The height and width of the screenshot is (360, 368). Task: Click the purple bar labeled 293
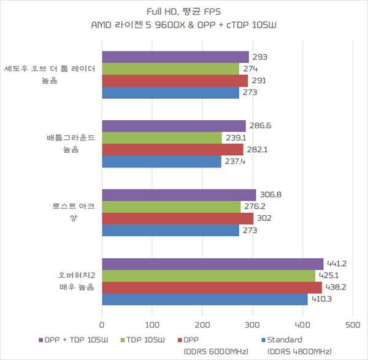click(x=175, y=57)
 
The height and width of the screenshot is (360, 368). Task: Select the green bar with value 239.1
click(x=162, y=138)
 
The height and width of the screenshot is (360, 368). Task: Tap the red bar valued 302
click(x=178, y=218)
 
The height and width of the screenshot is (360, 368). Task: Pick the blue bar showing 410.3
click(x=205, y=299)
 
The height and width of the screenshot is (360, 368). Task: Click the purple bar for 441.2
click(x=213, y=264)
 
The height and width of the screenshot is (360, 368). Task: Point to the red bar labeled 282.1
click(x=173, y=150)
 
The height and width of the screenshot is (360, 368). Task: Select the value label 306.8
click(x=270, y=194)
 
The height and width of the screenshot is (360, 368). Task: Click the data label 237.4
click(x=235, y=161)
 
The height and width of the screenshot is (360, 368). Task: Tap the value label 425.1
click(x=329, y=275)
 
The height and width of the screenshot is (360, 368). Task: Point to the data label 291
click(x=259, y=80)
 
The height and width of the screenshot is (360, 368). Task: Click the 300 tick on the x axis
click(x=253, y=325)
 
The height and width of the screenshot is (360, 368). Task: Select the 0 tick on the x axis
click(x=102, y=325)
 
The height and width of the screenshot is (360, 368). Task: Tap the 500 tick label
click(x=353, y=325)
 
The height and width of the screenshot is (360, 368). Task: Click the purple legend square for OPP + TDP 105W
click(x=41, y=340)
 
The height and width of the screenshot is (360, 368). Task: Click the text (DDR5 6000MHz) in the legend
click(x=216, y=351)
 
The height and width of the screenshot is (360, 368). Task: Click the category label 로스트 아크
click(x=74, y=206)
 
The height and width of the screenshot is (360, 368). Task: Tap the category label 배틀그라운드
click(x=71, y=137)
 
